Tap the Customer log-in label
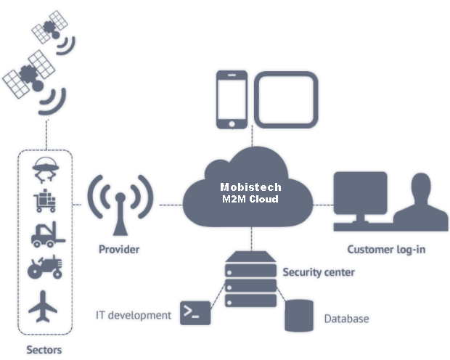[386, 250]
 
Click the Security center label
[319, 272]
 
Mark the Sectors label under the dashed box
[44, 350]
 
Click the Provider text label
[119, 250]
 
